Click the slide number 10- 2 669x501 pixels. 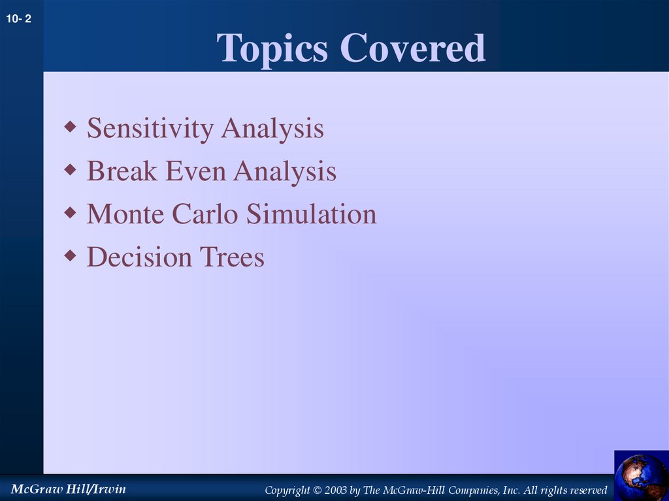tap(19, 20)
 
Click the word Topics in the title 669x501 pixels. tap(272, 48)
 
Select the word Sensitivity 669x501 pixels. tap(151, 129)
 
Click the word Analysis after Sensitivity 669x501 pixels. tap(272, 129)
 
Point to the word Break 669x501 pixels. tap(122, 172)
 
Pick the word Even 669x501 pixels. tap(197, 172)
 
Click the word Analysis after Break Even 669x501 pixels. tap(285, 172)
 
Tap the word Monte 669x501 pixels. tap(126, 214)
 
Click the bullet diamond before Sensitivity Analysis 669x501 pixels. tap(70, 125)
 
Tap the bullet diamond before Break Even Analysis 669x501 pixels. tap(70, 169)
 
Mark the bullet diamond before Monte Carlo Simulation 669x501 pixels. tap(70, 211)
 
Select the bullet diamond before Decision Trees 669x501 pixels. tap(70, 254)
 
